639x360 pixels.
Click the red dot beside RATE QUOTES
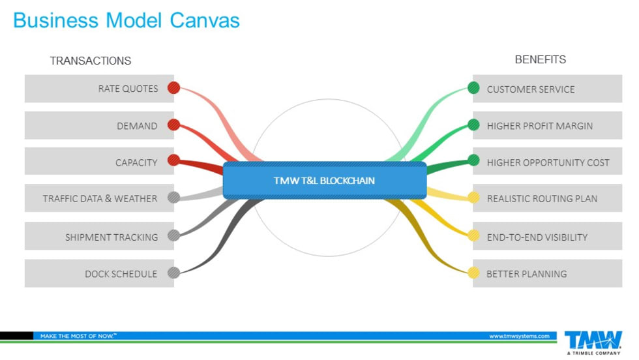(x=173, y=87)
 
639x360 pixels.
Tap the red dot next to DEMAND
(x=173, y=125)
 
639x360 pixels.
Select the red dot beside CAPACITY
(x=173, y=160)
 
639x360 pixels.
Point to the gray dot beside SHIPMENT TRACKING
(x=173, y=235)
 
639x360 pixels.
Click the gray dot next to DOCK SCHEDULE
(x=173, y=273)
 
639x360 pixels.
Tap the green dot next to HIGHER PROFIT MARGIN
(x=473, y=125)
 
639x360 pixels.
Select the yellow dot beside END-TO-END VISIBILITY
(x=473, y=235)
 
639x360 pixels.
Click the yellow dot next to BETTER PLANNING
(x=473, y=273)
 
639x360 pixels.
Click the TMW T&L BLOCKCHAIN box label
(x=324, y=180)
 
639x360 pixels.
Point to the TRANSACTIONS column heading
(x=91, y=61)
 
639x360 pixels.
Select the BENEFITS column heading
(x=541, y=59)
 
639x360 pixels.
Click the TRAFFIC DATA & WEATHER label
(x=100, y=198)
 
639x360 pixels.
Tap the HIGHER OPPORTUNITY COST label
(x=548, y=162)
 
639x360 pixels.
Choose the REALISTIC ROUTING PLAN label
(x=542, y=198)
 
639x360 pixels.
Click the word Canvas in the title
(x=205, y=20)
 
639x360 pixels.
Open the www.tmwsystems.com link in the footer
(x=519, y=336)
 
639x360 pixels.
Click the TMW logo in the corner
(x=593, y=341)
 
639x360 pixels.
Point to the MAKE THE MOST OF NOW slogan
(x=78, y=336)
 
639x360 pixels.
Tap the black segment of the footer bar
(x=16, y=336)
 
